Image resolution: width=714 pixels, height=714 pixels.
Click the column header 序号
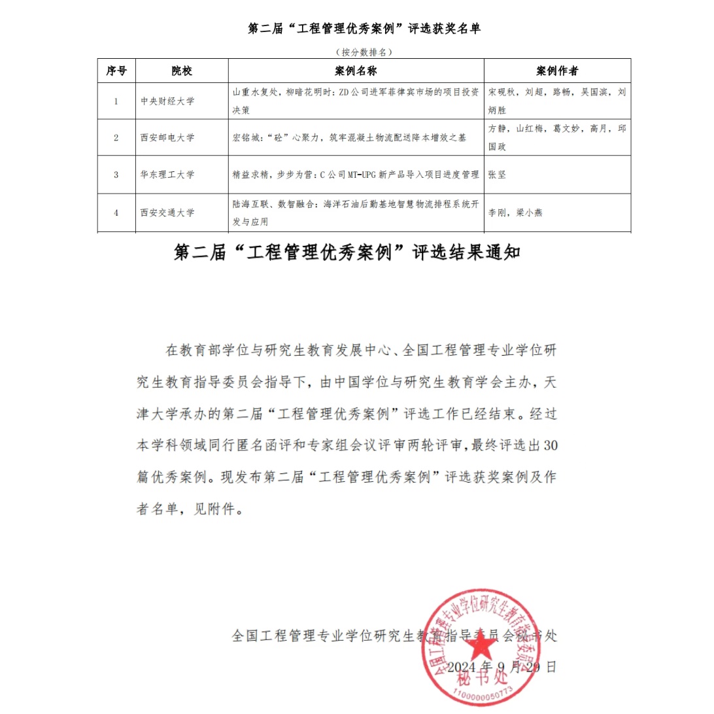[116, 71]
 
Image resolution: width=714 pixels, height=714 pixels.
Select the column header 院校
[182, 71]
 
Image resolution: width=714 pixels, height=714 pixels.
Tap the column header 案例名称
[356, 71]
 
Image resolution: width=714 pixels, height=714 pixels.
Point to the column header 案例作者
[557, 71]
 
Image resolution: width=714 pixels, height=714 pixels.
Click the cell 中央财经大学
[167, 101]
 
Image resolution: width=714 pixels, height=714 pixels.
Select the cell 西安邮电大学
[167, 138]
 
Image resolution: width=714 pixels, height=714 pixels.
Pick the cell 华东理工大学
[167, 175]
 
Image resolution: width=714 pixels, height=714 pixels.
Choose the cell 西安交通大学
[167, 212]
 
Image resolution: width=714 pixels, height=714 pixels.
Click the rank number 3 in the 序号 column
[116, 175]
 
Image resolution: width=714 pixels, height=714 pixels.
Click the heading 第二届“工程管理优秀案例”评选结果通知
[347, 252]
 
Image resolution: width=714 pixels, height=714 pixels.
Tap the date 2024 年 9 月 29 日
[502, 667]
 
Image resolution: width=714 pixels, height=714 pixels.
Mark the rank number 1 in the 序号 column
[116, 101]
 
